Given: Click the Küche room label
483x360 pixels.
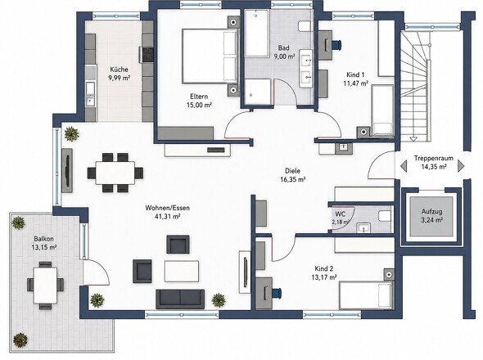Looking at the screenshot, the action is click(119, 70).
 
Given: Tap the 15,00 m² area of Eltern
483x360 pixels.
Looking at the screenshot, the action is click(199, 105).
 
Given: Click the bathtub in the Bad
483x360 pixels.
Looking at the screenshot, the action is click(257, 33).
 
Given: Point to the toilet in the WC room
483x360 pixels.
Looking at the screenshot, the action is click(385, 216).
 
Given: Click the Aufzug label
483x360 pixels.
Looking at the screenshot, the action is click(432, 212).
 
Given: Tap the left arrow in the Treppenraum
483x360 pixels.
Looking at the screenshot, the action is click(404, 166).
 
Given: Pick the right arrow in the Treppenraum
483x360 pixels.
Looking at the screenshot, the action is click(461, 166).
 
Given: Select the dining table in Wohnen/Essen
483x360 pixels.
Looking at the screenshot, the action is click(115, 173).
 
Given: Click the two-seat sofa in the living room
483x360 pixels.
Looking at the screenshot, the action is click(180, 299).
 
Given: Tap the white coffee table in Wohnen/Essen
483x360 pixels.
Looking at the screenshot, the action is click(182, 271).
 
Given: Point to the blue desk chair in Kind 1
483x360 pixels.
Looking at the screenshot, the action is click(337, 45).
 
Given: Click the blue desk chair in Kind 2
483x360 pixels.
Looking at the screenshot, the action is click(277, 293).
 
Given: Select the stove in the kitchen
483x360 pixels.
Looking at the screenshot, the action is click(147, 55).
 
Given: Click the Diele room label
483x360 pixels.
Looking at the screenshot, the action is click(292, 171).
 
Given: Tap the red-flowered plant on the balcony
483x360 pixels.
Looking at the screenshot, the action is click(20, 340).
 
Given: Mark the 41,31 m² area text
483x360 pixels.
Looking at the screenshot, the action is click(167, 216).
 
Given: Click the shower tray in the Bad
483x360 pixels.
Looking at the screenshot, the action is click(258, 92).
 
